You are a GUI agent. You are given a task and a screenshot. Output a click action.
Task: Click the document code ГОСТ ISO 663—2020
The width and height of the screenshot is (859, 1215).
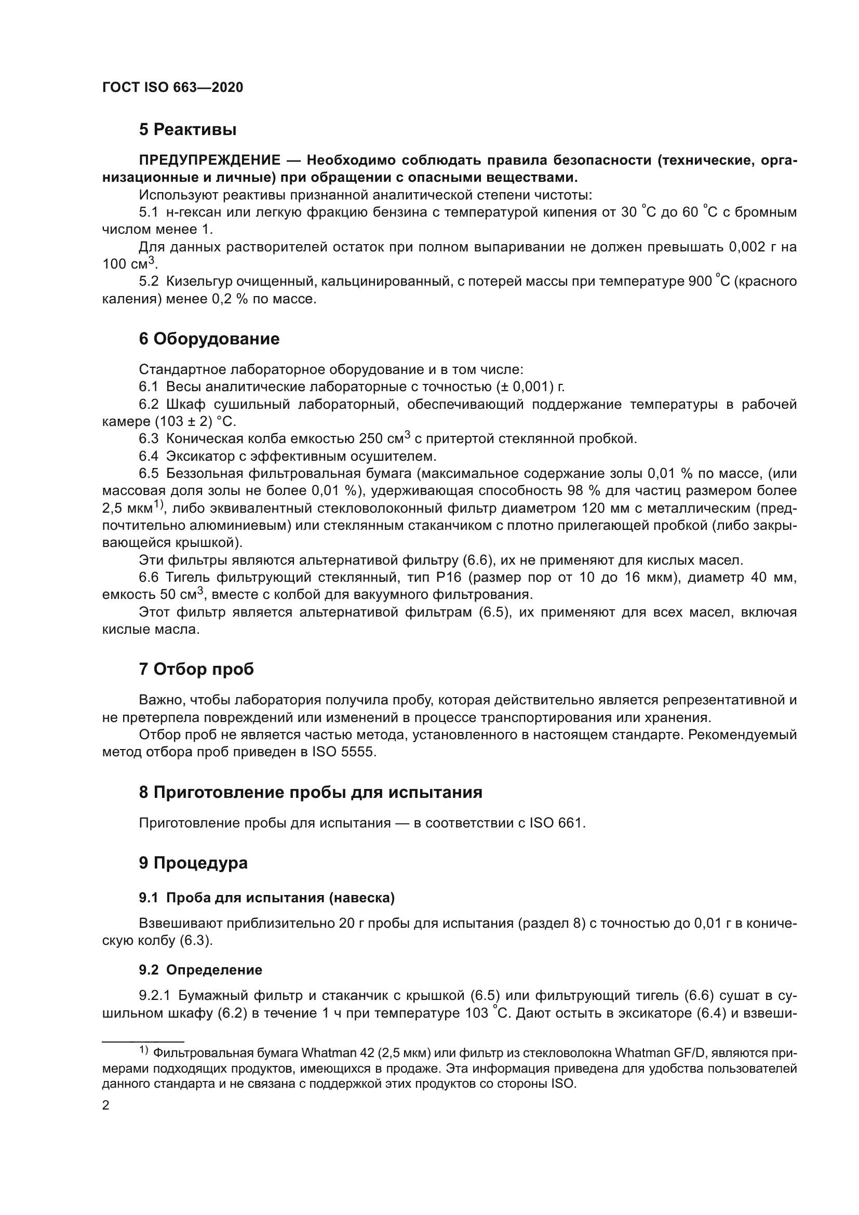point(172,88)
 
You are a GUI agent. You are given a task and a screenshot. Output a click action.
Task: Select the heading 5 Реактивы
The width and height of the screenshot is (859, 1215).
point(187,130)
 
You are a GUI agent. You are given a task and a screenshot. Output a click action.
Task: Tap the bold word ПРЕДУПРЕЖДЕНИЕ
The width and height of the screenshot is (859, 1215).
point(209,160)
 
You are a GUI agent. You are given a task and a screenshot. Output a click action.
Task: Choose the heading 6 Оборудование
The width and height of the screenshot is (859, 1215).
point(209,339)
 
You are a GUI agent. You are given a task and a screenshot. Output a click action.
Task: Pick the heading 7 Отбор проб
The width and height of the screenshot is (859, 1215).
point(196,670)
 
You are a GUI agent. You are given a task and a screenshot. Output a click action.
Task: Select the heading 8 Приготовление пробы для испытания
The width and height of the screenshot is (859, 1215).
point(311,792)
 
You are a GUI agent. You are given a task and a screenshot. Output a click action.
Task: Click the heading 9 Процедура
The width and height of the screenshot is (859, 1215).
point(193,863)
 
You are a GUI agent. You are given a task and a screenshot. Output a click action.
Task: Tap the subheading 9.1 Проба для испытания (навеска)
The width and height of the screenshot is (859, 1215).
point(266,898)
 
